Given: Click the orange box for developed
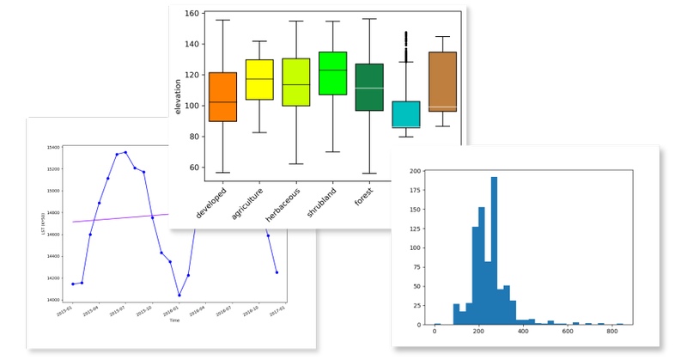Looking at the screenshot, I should pos(222,97).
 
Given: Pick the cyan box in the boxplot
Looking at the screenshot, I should pos(405,114).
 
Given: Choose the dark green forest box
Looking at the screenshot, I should pos(368,87).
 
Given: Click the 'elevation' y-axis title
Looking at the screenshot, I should pos(179,97).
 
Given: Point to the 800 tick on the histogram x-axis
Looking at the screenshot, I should pos(612,332).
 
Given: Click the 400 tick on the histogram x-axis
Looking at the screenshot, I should pos(523,332).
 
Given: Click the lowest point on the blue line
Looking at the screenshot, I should pos(179,295).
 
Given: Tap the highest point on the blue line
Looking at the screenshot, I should pos(125,152).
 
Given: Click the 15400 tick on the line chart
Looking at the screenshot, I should pos(54,148).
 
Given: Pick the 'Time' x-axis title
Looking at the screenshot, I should pos(174,320).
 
